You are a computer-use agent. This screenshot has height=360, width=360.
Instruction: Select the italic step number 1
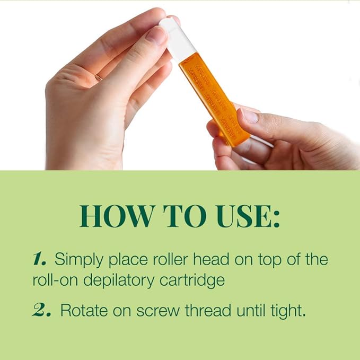(x=40, y=259)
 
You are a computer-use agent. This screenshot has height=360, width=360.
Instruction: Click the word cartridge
(x=197, y=280)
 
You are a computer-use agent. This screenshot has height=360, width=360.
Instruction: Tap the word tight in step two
(x=286, y=311)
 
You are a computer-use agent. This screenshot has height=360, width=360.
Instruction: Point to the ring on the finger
(x=98, y=77)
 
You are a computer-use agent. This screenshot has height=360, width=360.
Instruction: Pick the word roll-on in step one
(x=54, y=280)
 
